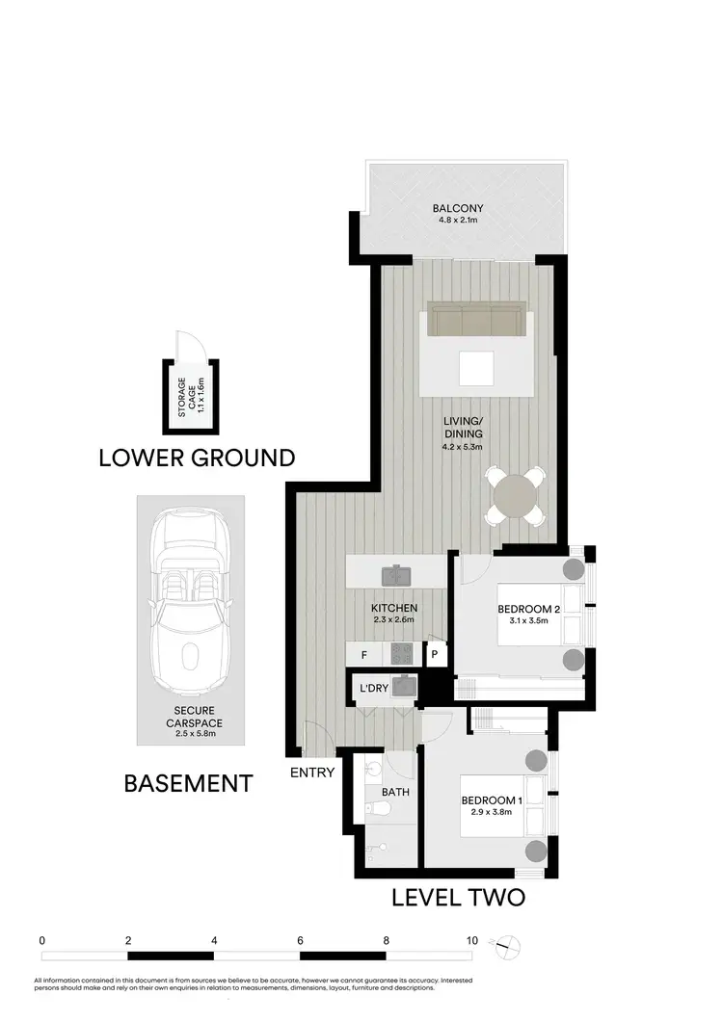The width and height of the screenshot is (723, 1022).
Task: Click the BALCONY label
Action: [x=458, y=208]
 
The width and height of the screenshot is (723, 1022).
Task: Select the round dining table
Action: [x=514, y=496]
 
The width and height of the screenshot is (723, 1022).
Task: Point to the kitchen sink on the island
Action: [x=397, y=576]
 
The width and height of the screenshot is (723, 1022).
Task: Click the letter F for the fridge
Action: [x=363, y=656]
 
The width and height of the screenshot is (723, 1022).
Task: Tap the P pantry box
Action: [x=435, y=656]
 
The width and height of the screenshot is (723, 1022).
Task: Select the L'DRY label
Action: [x=373, y=690]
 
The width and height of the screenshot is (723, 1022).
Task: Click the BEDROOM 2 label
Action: [x=529, y=609]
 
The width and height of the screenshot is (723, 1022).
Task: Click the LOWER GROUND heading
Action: [x=197, y=458]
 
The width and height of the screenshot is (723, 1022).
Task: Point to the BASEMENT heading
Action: [x=189, y=783]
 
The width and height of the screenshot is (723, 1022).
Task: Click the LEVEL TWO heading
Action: [x=458, y=898]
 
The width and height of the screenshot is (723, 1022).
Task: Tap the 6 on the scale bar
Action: [x=301, y=940]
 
